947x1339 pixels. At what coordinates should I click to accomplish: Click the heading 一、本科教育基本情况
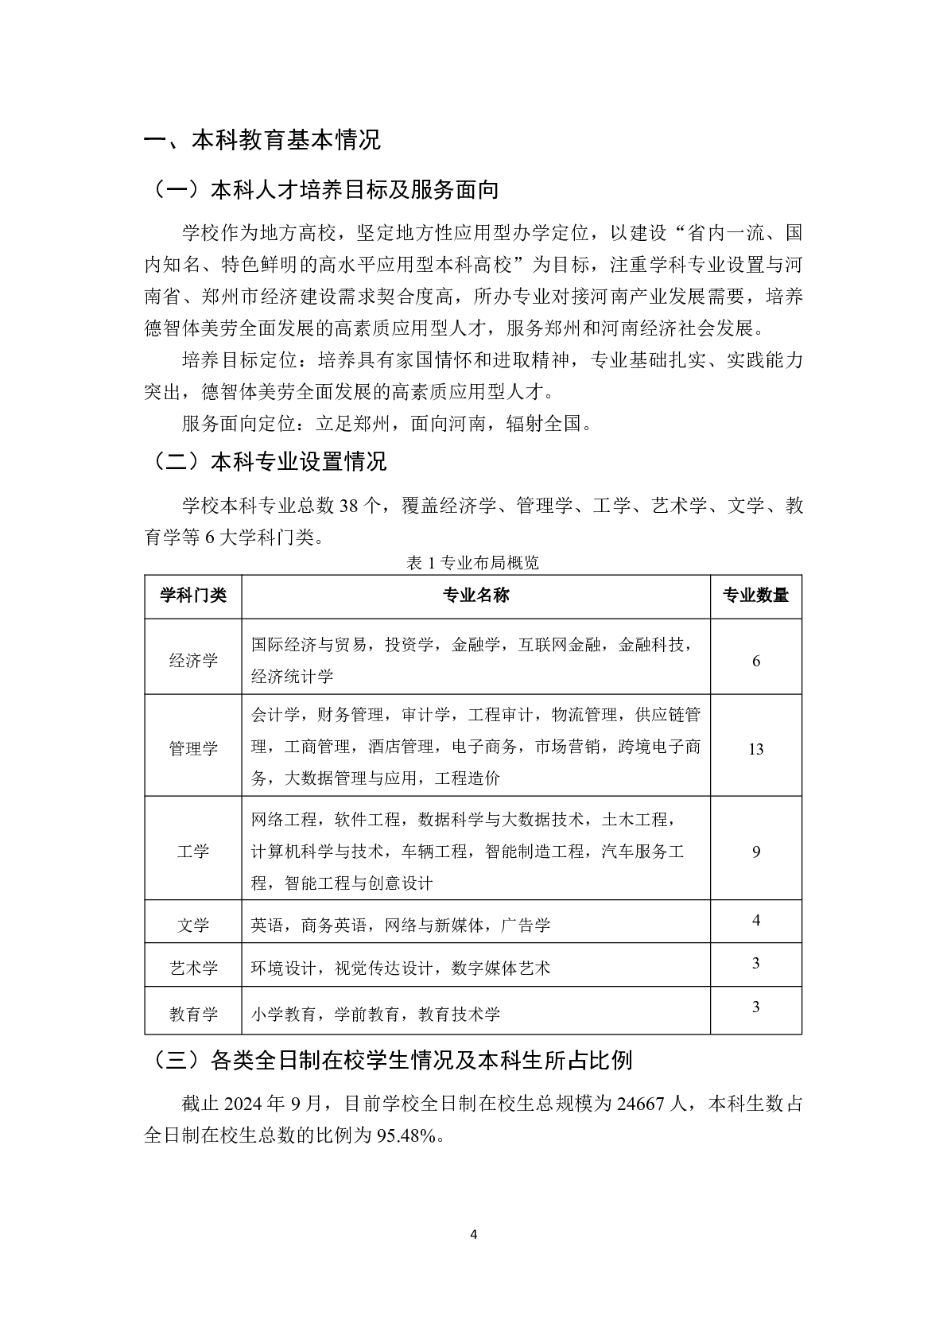pos(262,141)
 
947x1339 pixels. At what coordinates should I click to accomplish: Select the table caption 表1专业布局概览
pos(472,563)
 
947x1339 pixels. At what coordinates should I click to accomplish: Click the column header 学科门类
pos(193,596)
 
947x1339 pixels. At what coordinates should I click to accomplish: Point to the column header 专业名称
pos(475,596)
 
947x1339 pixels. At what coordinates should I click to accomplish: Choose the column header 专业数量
pos(755,596)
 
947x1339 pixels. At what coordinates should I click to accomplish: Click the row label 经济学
pos(193,660)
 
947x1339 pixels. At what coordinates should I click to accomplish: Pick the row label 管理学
pos(193,748)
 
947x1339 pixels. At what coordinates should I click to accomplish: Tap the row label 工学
pos(193,852)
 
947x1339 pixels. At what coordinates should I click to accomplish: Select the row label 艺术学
pos(193,968)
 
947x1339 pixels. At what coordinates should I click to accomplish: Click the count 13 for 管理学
pos(755,749)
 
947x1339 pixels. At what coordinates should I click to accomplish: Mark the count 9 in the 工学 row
pos(755,852)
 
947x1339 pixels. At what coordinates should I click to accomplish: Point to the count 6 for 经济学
pos(755,661)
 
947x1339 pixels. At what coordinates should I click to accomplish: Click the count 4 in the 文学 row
pos(755,920)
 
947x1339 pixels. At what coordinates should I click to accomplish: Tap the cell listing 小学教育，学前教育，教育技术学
pos(376,1014)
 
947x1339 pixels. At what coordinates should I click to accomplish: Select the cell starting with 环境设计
pos(401,968)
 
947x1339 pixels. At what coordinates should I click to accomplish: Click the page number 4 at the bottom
pos(474,1235)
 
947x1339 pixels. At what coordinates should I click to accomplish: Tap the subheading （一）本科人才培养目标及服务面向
pos(321,191)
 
